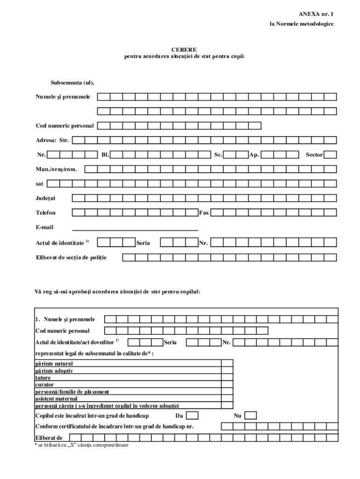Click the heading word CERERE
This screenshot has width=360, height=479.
[x=184, y=49]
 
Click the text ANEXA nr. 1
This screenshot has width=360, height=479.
[x=316, y=15]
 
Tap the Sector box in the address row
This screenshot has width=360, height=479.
[x=330, y=154]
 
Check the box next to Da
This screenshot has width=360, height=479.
[x=192, y=415]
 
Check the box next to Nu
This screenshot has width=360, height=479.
[x=251, y=415]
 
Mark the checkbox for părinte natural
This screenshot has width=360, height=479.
[x=227, y=363]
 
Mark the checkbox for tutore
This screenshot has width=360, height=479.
[x=227, y=377]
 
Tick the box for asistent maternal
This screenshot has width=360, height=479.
[x=227, y=399]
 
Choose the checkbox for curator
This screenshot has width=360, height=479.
[x=227, y=385]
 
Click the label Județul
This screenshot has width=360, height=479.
[x=45, y=198]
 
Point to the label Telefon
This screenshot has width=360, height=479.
[x=46, y=213]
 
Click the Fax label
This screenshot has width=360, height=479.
[x=204, y=213]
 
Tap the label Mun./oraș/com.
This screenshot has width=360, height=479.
[x=56, y=169]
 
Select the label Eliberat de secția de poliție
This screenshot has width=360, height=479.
[x=71, y=257]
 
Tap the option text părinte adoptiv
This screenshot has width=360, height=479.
[x=54, y=370]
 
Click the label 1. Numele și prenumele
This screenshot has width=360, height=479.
[x=65, y=319]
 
